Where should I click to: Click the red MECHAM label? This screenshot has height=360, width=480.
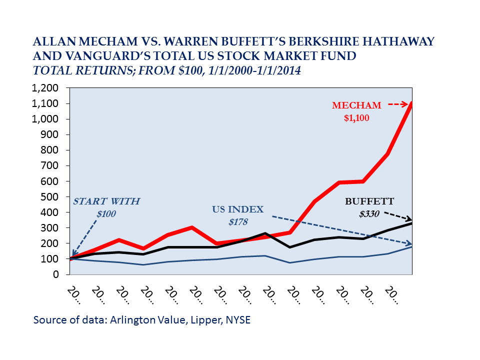[356, 105]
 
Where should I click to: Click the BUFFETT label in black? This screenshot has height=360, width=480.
[369, 202]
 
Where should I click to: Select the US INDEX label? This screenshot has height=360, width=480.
[236, 208]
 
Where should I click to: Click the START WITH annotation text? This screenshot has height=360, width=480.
[106, 202]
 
